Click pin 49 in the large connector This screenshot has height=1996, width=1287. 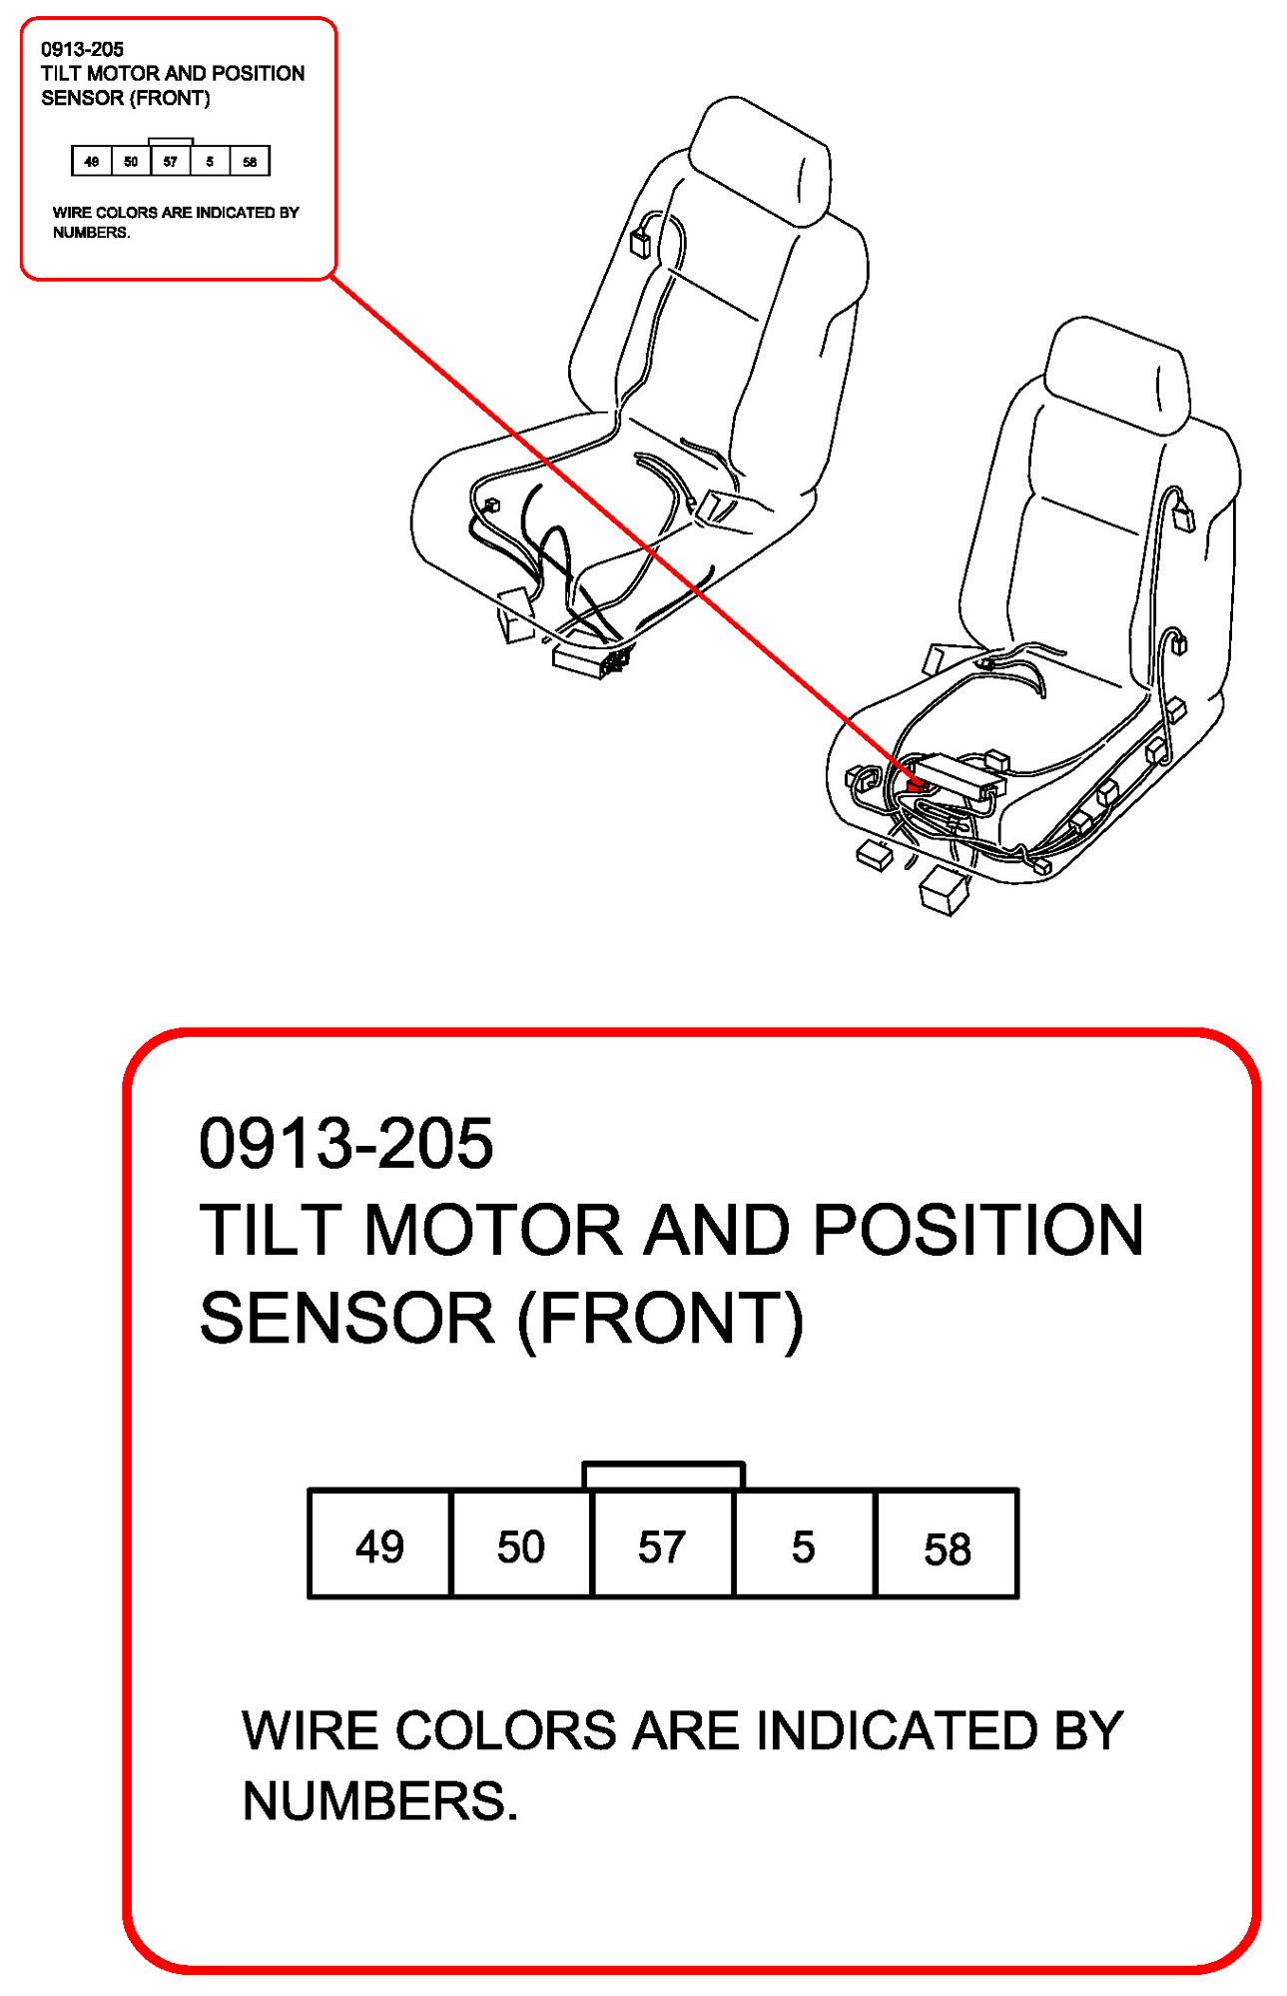[379, 1544]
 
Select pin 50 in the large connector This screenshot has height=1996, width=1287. [521, 1544]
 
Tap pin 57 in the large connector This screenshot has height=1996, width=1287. [662, 1544]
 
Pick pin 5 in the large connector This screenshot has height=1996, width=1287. [804, 1544]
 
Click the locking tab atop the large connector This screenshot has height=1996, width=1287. [663, 1476]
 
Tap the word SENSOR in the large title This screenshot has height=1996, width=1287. [346, 1318]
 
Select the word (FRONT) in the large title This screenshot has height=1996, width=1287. [660, 1318]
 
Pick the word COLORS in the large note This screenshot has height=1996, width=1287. [506, 1731]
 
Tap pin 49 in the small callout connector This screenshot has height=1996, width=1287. [92, 161]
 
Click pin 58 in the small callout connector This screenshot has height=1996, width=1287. [250, 161]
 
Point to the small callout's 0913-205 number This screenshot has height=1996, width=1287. [82, 49]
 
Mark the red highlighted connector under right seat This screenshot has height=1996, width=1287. [915, 784]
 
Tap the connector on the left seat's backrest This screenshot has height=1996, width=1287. [640, 242]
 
